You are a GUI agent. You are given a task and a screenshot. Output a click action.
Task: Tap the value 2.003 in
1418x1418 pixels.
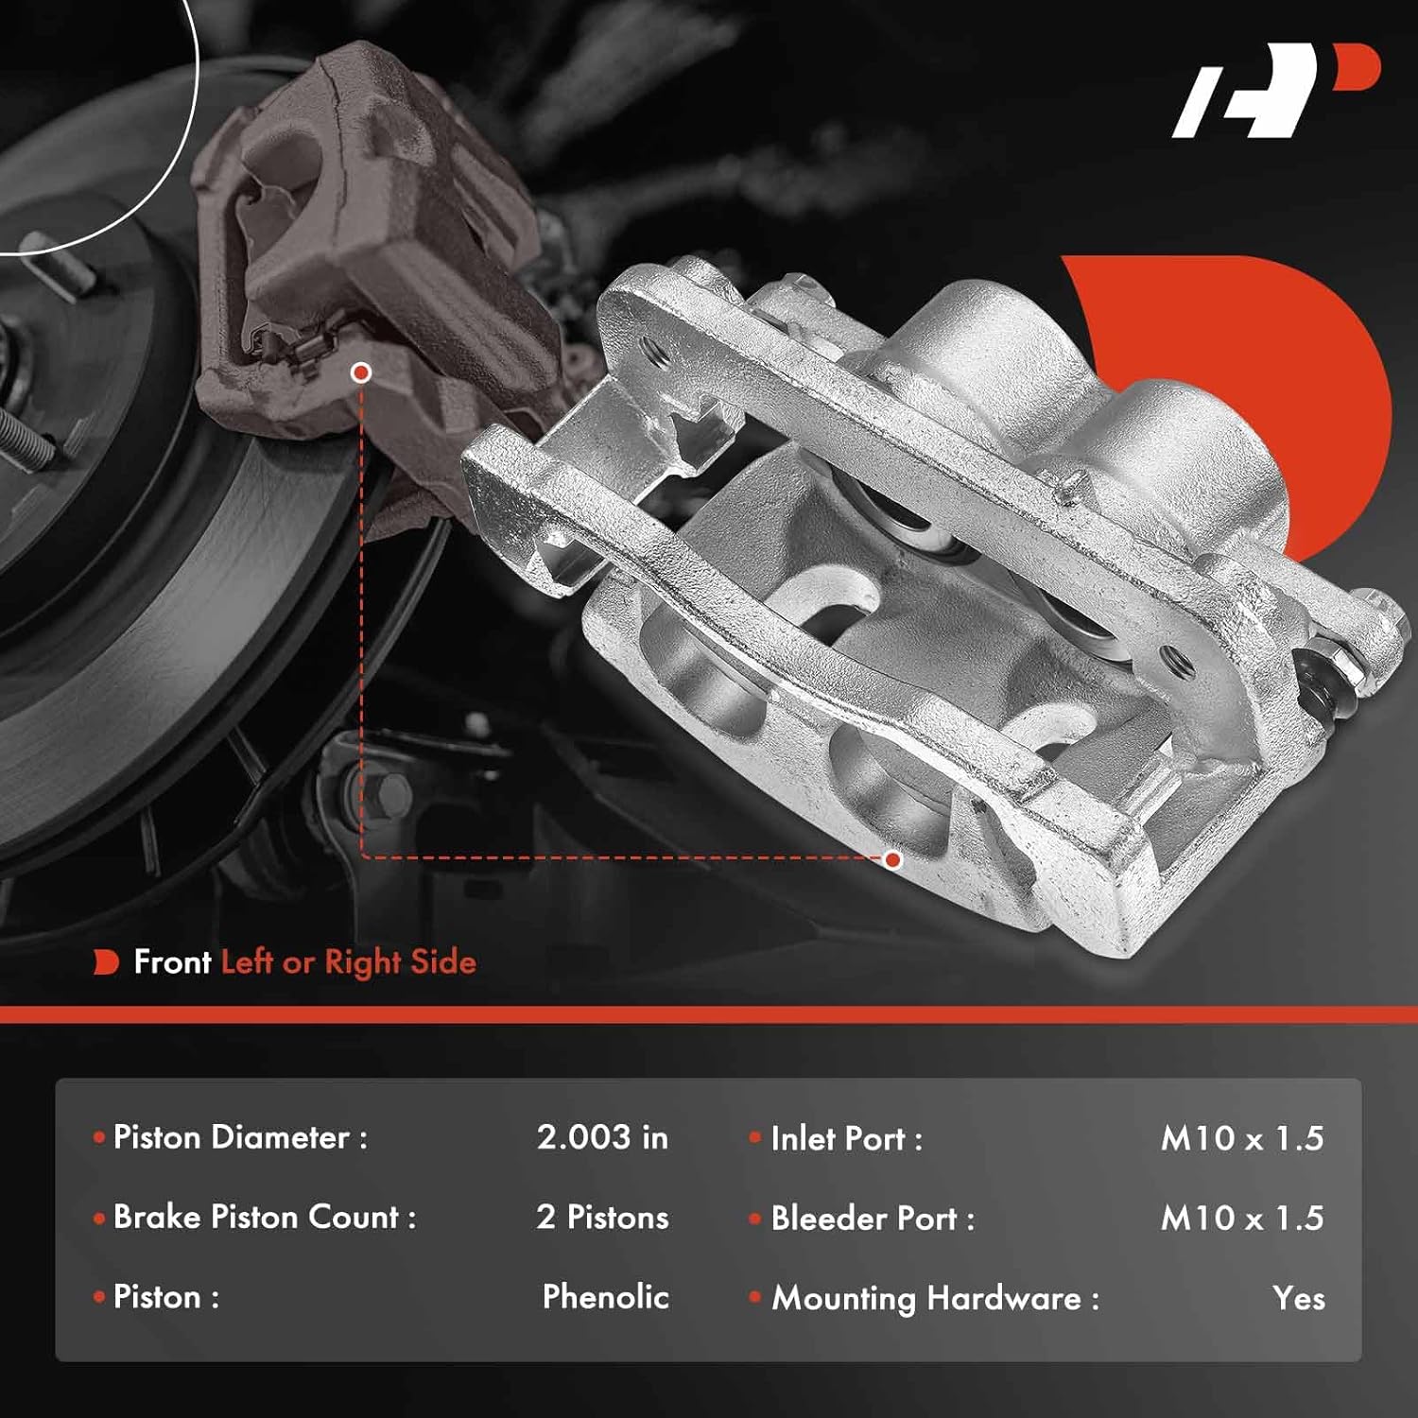click(602, 1137)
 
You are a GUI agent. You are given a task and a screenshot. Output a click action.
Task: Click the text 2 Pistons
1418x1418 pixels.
click(602, 1218)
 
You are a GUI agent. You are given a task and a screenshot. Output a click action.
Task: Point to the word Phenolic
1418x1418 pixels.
click(605, 1297)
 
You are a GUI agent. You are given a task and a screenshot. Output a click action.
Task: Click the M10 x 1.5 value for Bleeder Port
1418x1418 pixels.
click(1241, 1219)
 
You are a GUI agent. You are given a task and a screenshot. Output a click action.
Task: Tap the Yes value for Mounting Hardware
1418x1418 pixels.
click(1298, 1299)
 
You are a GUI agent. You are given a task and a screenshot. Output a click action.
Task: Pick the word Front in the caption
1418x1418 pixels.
click(172, 962)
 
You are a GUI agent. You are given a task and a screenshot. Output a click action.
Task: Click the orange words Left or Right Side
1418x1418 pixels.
click(348, 962)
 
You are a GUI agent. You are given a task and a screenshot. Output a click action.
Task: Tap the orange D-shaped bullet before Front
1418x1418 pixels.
click(106, 962)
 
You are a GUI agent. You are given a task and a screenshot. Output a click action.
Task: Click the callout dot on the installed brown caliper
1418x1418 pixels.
click(360, 372)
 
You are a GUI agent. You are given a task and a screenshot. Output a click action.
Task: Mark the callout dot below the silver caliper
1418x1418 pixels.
click(892, 859)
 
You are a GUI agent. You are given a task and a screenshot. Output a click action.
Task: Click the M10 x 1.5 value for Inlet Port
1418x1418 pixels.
click(1241, 1138)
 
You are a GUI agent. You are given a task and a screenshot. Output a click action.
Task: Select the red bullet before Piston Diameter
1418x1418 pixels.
click(99, 1137)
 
